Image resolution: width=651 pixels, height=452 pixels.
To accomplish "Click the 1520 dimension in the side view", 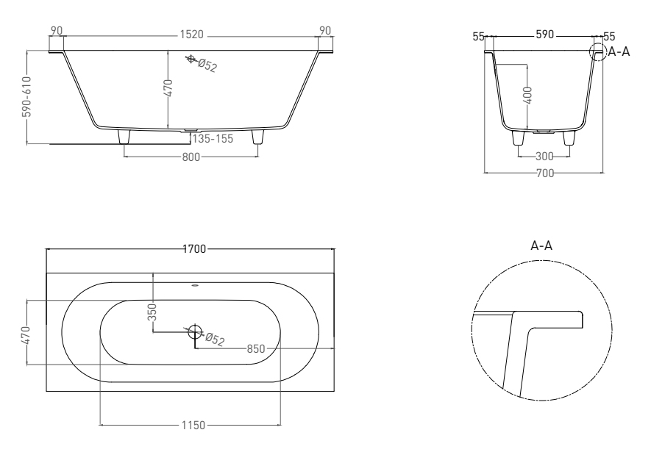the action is tap(191, 35).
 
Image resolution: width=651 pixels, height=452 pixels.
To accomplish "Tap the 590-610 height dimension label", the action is tap(26, 96).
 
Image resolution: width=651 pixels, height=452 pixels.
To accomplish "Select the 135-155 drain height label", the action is tap(213, 138).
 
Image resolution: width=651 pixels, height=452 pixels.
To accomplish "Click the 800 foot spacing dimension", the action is tap(191, 157).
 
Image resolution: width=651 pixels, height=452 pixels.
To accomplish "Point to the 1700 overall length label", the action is tap(194, 249).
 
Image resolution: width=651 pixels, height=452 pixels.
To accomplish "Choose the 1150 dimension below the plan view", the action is tap(193, 425).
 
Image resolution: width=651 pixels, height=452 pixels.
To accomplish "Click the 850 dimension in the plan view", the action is tap(256, 349).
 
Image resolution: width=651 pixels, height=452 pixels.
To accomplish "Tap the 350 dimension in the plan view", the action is tap(152, 312).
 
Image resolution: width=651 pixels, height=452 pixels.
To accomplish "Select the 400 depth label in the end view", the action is tap(527, 96).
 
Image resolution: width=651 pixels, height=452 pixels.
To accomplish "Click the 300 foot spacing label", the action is tap(544, 157).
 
